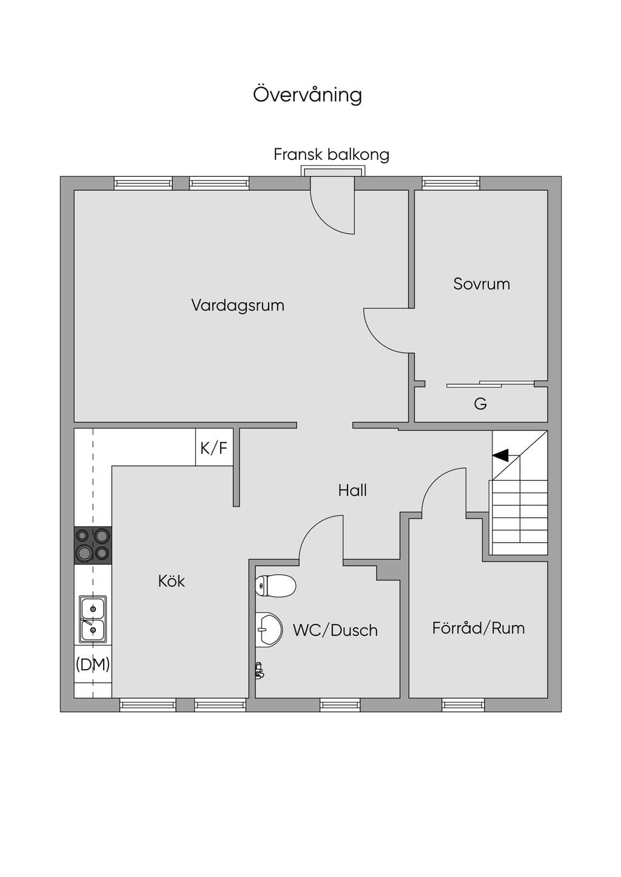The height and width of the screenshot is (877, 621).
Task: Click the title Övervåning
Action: (x=307, y=94)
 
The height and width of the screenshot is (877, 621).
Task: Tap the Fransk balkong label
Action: (x=331, y=154)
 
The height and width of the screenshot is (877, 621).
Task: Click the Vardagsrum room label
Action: (x=238, y=305)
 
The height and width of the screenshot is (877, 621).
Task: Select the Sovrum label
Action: (x=482, y=284)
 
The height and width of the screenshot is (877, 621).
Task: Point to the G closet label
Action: (x=480, y=403)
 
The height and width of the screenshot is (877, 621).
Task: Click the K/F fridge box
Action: (x=215, y=447)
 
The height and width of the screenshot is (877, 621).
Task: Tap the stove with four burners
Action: (x=93, y=545)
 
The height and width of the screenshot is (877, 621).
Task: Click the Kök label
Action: (x=172, y=581)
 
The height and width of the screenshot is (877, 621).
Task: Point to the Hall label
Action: (x=352, y=490)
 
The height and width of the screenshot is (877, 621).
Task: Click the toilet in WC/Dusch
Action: (x=275, y=586)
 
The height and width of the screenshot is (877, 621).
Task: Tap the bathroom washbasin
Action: (x=269, y=629)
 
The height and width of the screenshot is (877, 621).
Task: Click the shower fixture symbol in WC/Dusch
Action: (x=259, y=670)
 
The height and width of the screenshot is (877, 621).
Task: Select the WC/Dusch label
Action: (x=335, y=630)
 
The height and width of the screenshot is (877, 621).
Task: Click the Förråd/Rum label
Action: (x=478, y=628)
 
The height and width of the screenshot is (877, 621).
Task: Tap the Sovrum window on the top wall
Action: (x=451, y=184)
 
